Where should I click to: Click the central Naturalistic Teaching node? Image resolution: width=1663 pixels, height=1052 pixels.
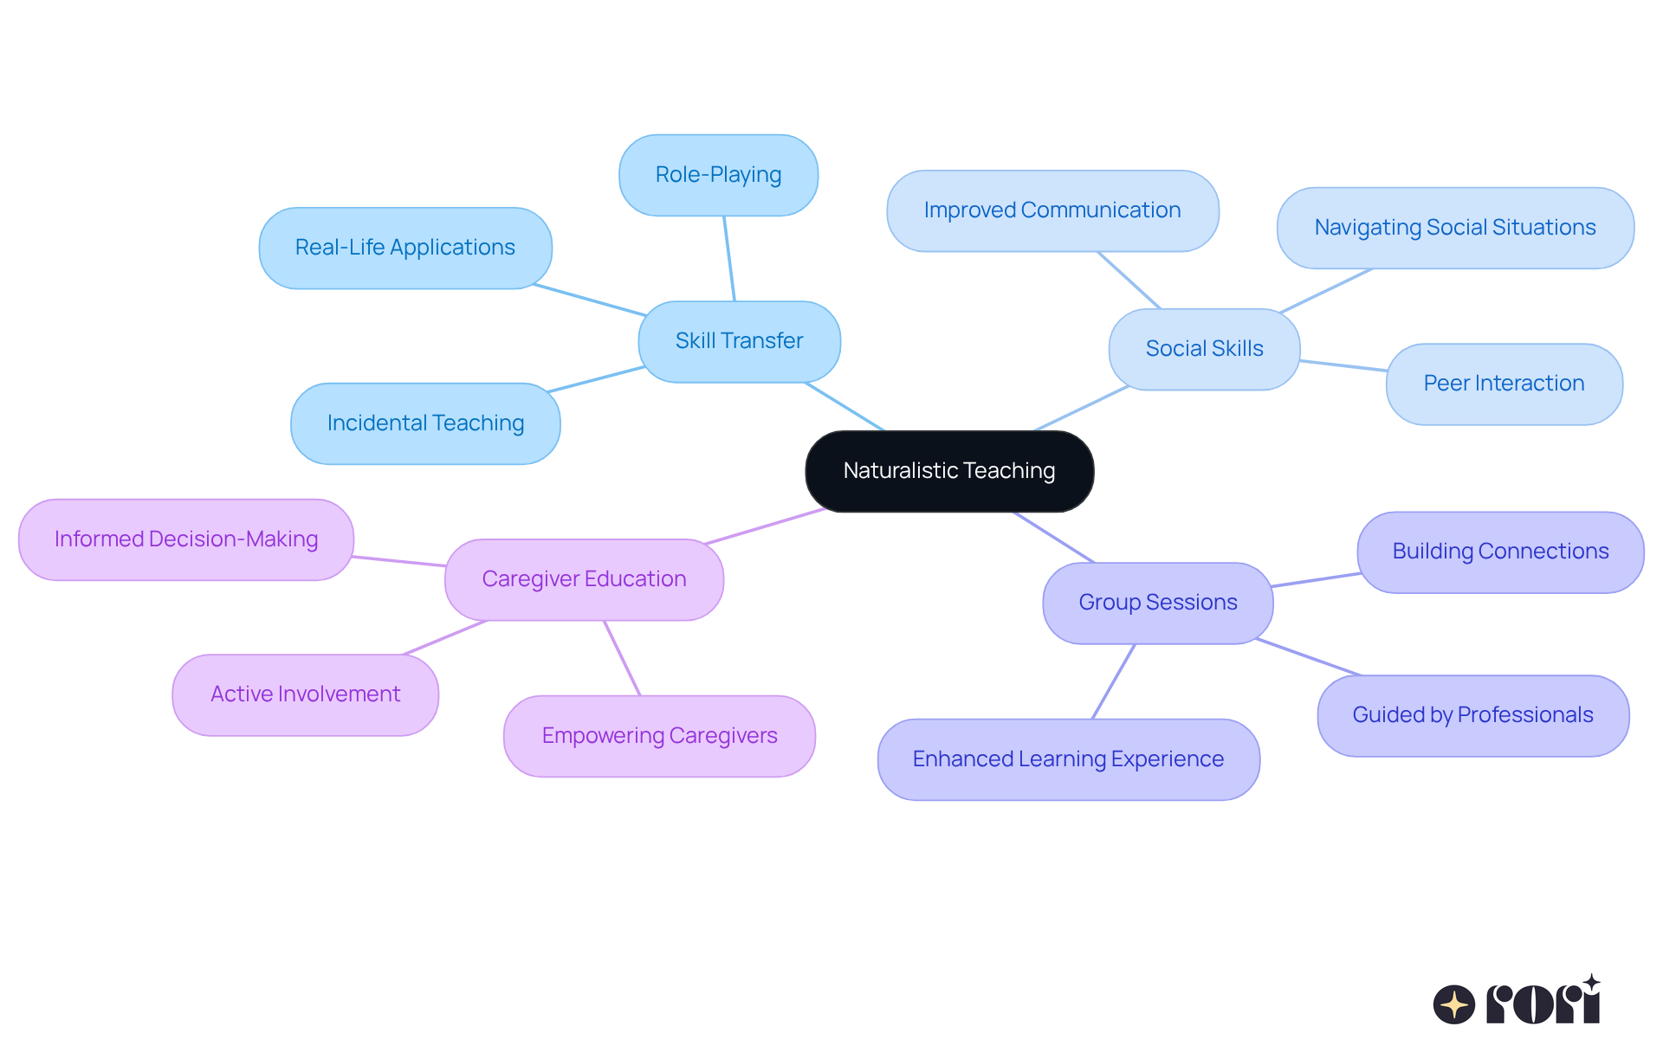point(949,471)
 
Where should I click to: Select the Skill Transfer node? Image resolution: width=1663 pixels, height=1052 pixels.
point(739,341)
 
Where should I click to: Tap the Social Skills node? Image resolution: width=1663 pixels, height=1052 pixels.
point(1204,349)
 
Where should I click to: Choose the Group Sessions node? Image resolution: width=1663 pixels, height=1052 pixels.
point(1157,603)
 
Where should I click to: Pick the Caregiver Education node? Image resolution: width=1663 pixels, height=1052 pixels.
point(584,579)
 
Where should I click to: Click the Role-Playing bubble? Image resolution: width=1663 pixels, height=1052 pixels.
point(718,175)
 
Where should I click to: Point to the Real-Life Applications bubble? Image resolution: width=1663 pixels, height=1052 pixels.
point(404,248)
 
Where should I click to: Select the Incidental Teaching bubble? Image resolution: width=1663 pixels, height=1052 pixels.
point(425,423)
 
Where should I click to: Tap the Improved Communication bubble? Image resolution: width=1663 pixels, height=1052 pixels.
point(1052,210)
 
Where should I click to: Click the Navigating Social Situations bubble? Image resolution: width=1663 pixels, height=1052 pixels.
point(1455,228)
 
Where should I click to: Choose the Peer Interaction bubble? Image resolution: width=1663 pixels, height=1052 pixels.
point(1504,384)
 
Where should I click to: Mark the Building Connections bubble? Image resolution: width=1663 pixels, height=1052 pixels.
point(1500,552)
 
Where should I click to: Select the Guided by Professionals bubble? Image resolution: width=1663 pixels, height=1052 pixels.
point(1472,715)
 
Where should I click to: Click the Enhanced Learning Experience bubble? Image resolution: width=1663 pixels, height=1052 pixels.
point(1068,759)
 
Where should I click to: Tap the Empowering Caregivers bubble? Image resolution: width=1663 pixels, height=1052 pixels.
point(659,736)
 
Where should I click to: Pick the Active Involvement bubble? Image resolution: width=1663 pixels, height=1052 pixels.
point(305,694)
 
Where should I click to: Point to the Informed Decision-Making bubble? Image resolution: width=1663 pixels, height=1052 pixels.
point(186,539)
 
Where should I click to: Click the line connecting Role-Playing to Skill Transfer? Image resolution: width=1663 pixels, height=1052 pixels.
point(729,258)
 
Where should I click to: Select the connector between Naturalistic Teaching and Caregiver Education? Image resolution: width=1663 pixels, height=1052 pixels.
point(766,526)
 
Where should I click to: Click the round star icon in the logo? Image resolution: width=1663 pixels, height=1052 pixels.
point(1453,1004)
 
